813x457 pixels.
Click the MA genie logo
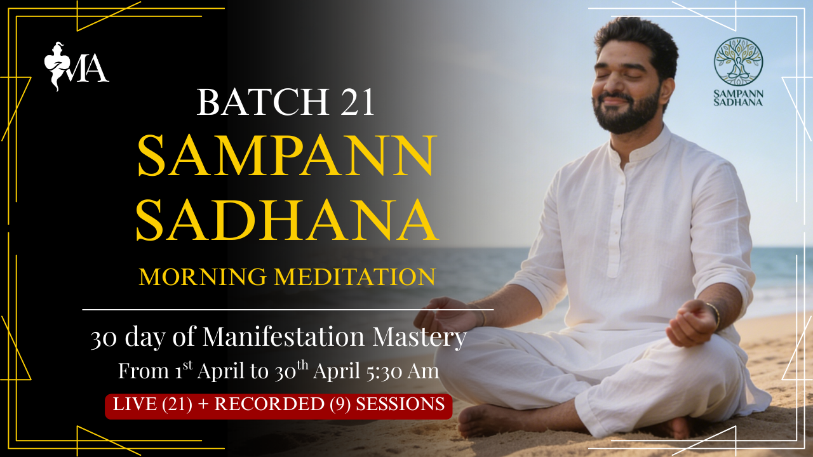click(x=76, y=66)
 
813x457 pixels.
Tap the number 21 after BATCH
click(x=357, y=102)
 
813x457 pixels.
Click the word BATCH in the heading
click(x=263, y=102)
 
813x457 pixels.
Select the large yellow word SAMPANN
click(x=286, y=156)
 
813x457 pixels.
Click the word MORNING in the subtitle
click(x=203, y=277)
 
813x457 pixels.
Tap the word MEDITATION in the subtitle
click(x=355, y=277)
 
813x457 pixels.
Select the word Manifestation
click(x=283, y=336)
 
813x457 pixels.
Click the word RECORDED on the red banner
click(x=269, y=404)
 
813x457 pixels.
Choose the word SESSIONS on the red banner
click(x=400, y=404)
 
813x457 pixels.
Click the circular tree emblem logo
click(x=738, y=62)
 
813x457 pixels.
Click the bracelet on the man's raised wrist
click(x=715, y=314)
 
